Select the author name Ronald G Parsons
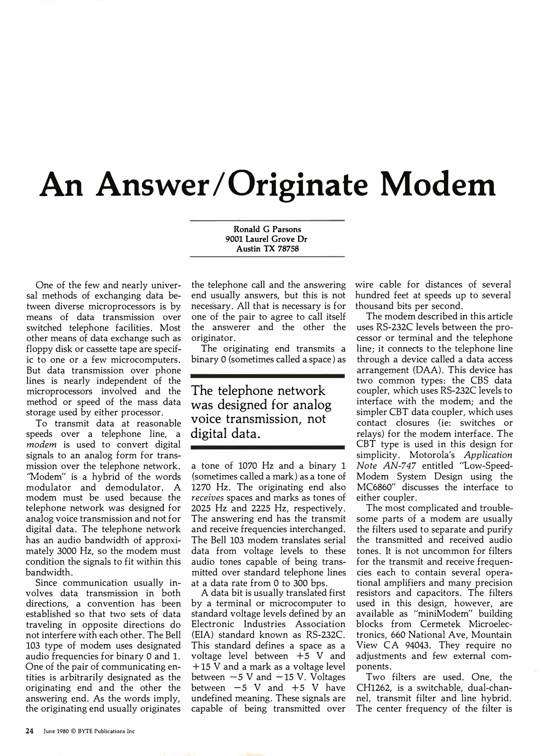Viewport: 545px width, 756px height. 267,229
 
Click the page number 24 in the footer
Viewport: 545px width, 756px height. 30,731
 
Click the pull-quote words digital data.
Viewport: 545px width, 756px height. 226,434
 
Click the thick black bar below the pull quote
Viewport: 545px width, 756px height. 268,447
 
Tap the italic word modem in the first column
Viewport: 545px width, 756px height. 41,445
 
